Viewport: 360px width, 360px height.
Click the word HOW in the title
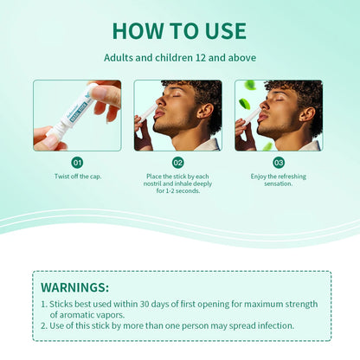click(138, 30)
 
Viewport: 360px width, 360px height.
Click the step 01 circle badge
click(77, 162)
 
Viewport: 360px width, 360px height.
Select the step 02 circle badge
click(178, 162)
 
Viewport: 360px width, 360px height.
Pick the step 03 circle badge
click(279, 162)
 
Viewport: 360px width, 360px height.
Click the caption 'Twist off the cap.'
click(77, 176)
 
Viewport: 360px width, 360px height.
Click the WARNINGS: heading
click(75, 286)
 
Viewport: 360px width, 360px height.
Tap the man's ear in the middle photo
click(206, 112)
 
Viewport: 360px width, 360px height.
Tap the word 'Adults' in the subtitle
click(121, 58)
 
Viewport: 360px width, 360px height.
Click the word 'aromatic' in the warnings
click(72, 314)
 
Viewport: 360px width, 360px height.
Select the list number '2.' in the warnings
click(44, 325)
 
